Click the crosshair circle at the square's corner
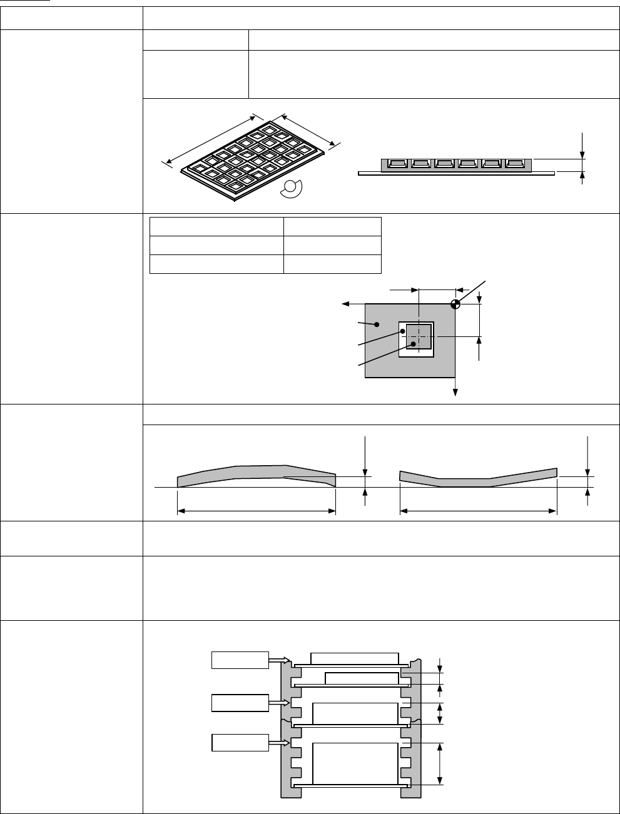[x=455, y=304]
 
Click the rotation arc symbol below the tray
[x=292, y=189]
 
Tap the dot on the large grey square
[x=377, y=324]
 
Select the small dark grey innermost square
[x=419, y=336]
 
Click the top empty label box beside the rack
[x=240, y=660]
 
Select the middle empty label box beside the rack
[x=240, y=702]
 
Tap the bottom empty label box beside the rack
[x=240, y=743]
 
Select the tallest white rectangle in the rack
[x=355, y=763]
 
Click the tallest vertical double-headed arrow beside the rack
[x=442, y=763]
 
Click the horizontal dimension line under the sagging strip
[x=478, y=511]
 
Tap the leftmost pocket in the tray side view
[x=397, y=164]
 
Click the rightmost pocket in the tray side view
[x=515, y=164]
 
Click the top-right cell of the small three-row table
[x=332, y=226]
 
